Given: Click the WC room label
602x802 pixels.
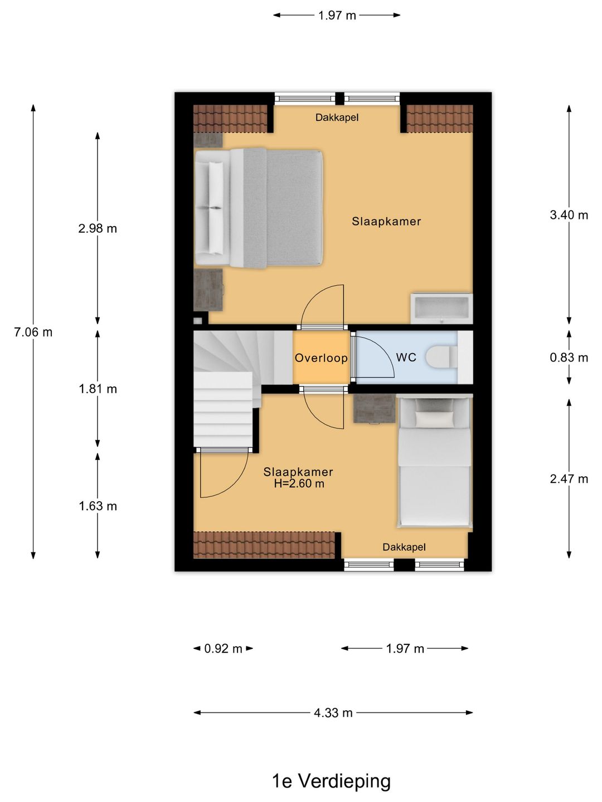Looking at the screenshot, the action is tap(406, 358).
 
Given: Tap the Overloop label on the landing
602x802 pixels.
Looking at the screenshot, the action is tap(321, 358).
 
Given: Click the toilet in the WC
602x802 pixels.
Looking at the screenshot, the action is tap(441, 357).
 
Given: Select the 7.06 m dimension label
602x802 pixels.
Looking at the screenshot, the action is tap(33, 332).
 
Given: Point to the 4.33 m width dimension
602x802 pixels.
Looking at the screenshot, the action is tap(333, 712).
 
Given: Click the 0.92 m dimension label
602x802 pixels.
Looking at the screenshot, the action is tap(223, 648).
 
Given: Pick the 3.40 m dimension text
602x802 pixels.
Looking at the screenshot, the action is tap(569, 215).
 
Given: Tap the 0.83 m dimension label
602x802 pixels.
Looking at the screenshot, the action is tap(569, 358).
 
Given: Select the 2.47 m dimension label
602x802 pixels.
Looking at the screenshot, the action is tap(569, 478).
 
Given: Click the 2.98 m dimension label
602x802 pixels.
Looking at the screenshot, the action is tap(98, 228).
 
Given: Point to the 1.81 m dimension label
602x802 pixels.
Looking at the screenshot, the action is tap(98, 389).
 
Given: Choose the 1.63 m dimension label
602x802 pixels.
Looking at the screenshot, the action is tap(98, 506).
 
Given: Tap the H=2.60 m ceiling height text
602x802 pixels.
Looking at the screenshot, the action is tap(299, 484).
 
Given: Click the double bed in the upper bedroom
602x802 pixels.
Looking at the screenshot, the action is tap(259, 208).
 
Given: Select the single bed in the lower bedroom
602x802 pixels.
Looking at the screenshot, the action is tap(434, 462).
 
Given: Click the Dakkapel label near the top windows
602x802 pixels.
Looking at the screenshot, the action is tap(337, 118).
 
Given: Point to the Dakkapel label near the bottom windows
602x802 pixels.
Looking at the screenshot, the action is tap(404, 547).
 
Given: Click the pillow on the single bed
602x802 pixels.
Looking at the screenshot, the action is tap(434, 419).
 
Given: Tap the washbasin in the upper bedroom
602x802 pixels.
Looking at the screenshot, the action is tap(441, 308).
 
